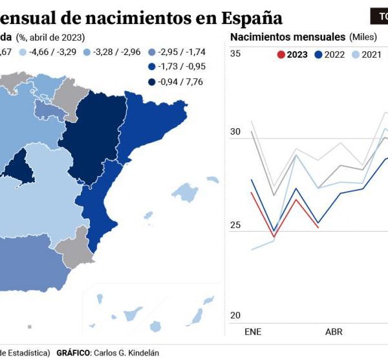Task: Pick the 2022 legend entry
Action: (330, 55)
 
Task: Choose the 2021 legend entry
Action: (366, 55)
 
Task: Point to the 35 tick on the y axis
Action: (235, 54)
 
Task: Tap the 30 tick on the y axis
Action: (235, 132)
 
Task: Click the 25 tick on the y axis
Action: (235, 225)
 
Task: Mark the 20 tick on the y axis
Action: (235, 315)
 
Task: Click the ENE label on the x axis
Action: (253, 332)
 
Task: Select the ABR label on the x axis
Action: (334, 332)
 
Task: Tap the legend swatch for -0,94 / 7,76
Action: (151, 82)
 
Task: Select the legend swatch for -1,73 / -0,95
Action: (151, 66)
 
